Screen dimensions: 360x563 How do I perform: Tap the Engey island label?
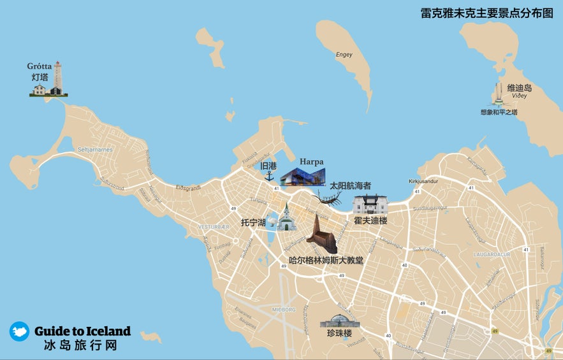[344, 55]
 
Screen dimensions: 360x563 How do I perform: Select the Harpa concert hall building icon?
[303, 175]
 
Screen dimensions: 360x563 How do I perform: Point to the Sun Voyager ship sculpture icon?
[330, 199]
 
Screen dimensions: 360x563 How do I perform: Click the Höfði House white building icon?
[370, 205]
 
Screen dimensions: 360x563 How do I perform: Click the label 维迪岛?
[519, 88]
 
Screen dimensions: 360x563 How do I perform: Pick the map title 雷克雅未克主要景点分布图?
[486, 12]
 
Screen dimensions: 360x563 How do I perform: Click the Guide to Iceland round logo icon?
[19, 331]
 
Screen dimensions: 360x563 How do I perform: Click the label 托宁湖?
[252, 223]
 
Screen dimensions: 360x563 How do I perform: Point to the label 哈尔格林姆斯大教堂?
[326, 260]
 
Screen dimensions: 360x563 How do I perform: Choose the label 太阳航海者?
[350, 185]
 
